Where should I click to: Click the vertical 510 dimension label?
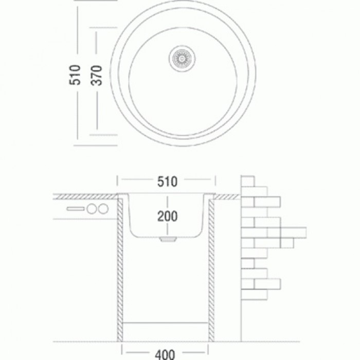pos(75,75)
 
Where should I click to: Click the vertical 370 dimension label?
pos(96,76)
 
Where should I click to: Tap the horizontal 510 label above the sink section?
pos(167,182)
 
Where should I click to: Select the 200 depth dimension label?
pos(167,216)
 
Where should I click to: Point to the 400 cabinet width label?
pos(165,354)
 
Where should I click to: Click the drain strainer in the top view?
pos(183,58)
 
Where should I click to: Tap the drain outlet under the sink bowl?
pos(168,240)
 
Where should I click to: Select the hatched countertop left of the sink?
pos(85,196)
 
